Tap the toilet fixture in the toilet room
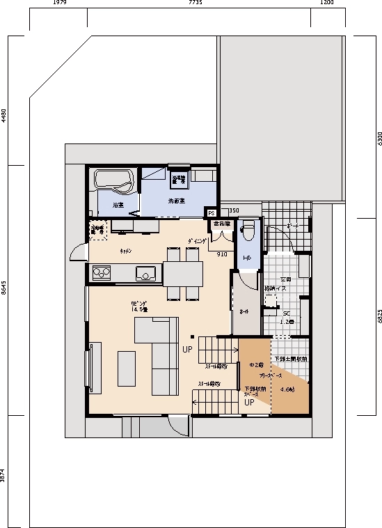(x=248, y=229)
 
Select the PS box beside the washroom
(x=211, y=212)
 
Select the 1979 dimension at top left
(x=58, y=3)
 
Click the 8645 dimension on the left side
(x=3, y=290)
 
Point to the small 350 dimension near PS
(x=234, y=210)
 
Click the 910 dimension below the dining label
(x=222, y=254)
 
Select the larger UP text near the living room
(x=187, y=349)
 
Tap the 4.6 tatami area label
(x=287, y=389)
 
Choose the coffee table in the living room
(x=127, y=368)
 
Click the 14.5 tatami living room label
(x=138, y=307)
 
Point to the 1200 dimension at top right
(x=326, y=3)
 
